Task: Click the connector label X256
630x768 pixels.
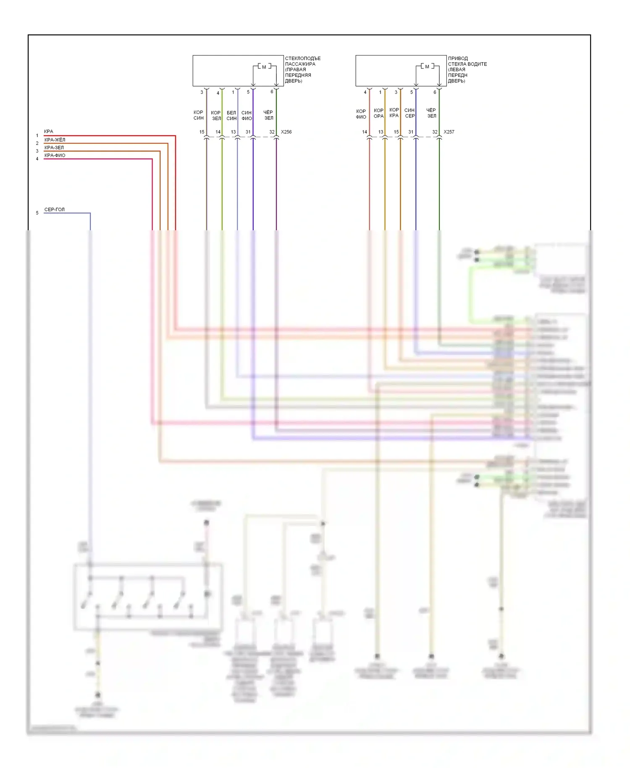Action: click(286, 132)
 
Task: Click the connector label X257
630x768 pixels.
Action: click(449, 132)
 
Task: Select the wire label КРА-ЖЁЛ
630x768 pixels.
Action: click(55, 140)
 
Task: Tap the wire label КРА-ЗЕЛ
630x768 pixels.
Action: click(54, 148)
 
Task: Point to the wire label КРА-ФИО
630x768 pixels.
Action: click(55, 155)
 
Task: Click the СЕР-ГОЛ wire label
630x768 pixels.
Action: click(55, 210)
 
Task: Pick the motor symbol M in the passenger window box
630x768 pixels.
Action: click(264, 67)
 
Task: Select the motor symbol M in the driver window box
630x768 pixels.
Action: click(427, 66)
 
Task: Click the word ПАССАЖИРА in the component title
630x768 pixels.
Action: click(300, 64)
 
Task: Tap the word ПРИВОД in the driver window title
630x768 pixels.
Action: click(458, 58)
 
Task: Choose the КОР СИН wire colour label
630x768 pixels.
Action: click(198, 115)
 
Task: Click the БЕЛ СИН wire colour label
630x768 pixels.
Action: click(231, 116)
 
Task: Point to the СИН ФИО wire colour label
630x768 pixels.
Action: click(247, 116)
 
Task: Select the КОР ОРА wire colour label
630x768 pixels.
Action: click(378, 113)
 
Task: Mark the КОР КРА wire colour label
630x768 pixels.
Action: click(394, 113)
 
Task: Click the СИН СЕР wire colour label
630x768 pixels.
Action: click(409, 113)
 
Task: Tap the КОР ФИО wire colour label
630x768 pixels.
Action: click(361, 114)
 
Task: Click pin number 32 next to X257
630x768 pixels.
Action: click(435, 132)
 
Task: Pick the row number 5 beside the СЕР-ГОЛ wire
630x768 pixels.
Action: click(37, 213)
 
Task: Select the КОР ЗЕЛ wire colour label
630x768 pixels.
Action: click(216, 116)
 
